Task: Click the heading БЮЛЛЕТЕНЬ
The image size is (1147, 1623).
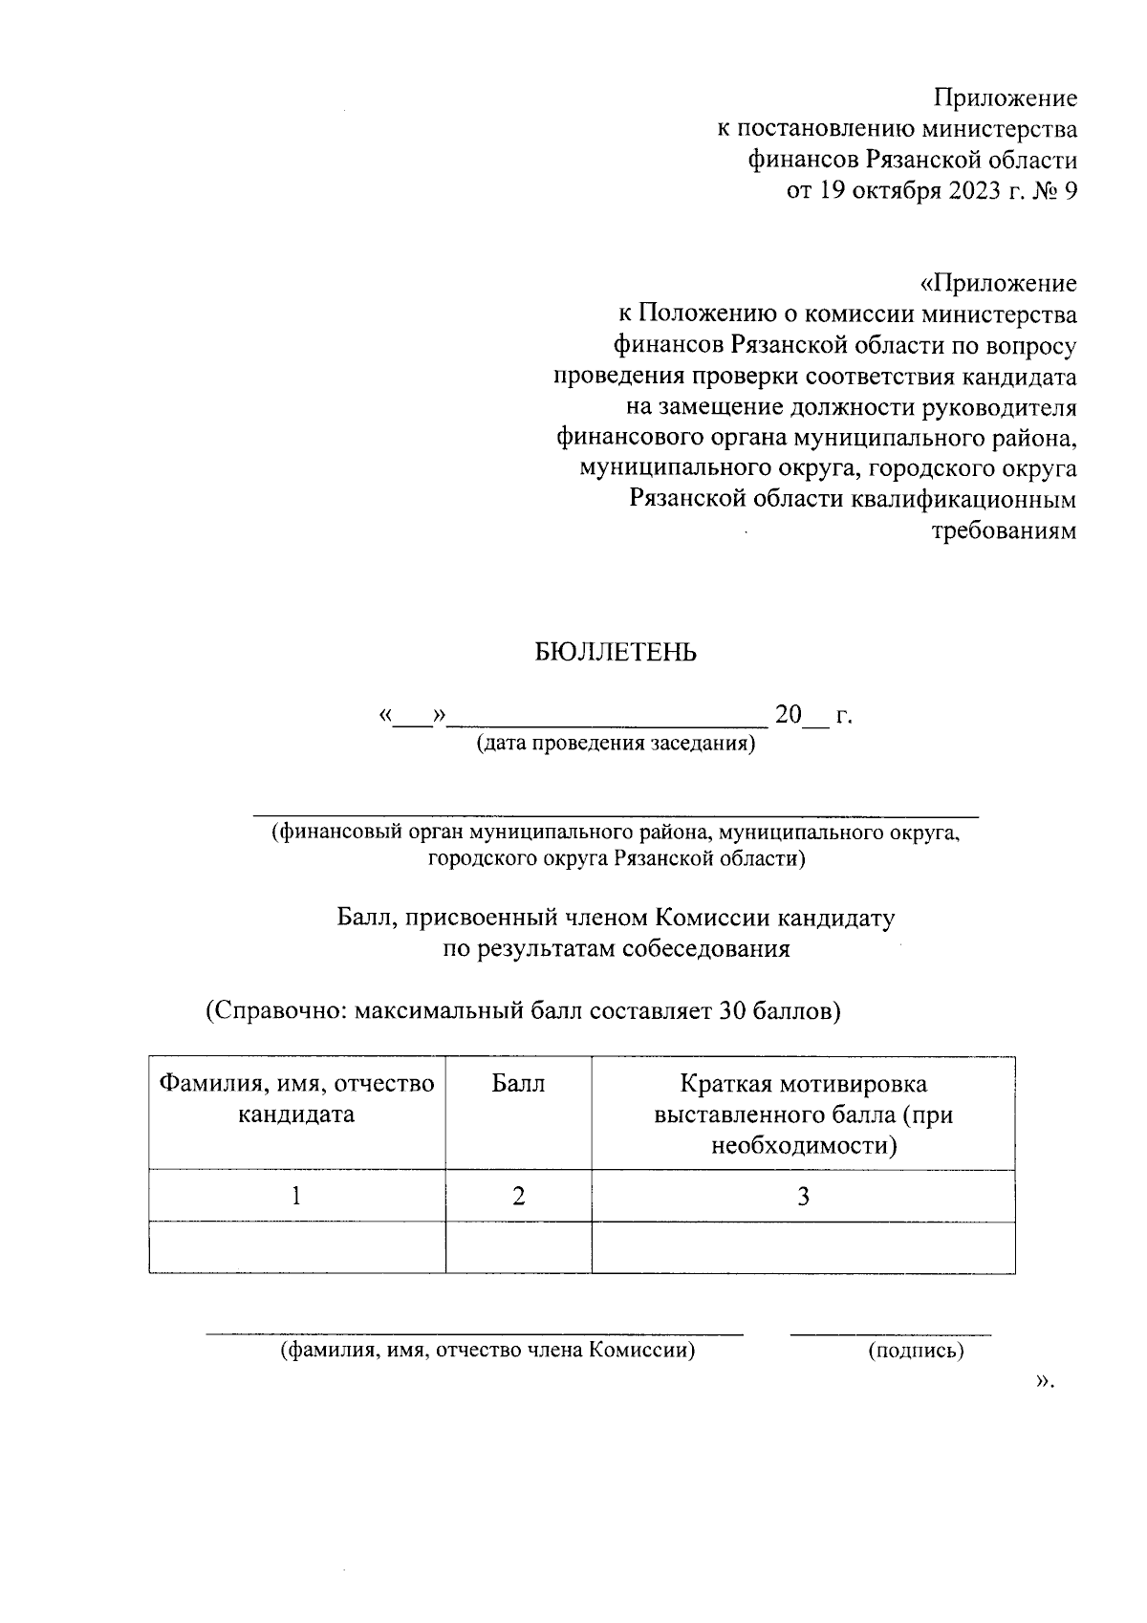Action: click(615, 653)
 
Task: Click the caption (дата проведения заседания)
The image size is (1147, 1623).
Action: click(616, 744)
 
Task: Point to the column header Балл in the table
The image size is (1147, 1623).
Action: click(518, 1084)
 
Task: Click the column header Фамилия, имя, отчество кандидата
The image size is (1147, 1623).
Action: click(296, 1098)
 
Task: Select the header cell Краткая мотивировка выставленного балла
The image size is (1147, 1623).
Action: click(803, 1114)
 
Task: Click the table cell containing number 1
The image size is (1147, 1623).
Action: click(297, 1196)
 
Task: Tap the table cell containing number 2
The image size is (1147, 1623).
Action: click(518, 1196)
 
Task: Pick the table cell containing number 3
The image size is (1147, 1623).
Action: click(803, 1196)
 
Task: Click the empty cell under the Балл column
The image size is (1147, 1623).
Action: click(518, 1247)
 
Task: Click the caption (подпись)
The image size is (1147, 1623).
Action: click(915, 1351)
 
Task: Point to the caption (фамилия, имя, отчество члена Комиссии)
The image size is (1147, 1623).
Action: click(487, 1351)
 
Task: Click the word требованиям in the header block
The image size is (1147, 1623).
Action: click(1004, 531)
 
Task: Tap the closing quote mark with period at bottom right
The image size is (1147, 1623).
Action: click(1044, 1381)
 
